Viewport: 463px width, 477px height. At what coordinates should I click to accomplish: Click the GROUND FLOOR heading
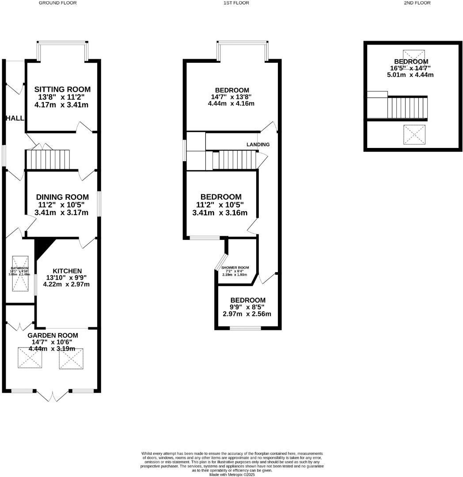pyautogui.click(x=57, y=3)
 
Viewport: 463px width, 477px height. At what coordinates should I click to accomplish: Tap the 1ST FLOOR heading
pyautogui.click(x=236, y=3)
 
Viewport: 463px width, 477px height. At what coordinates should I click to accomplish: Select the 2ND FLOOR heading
pyautogui.click(x=417, y=3)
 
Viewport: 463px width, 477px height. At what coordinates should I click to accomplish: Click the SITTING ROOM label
pyautogui.click(x=62, y=90)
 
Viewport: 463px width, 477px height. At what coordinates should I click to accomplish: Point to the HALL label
pyautogui.click(x=15, y=118)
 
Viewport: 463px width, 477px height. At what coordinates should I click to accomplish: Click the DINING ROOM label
pyautogui.click(x=62, y=197)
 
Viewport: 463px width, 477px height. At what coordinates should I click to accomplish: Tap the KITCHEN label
pyautogui.click(x=67, y=271)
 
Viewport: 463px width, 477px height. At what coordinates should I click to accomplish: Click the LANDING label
pyautogui.click(x=258, y=144)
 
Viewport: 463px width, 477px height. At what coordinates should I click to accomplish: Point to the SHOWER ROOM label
pyautogui.click(x=235, y=268)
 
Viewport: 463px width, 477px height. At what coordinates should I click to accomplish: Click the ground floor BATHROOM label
pyautogui.click(x=20, y=268)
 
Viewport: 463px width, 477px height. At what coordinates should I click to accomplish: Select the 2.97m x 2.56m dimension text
pyautogui.click(x=247, y=314)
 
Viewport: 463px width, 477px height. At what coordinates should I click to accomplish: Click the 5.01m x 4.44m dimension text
pyautogui.click(x=410, y=75)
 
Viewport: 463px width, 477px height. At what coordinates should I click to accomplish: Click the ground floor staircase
pyautogui.click(x=48, y=159)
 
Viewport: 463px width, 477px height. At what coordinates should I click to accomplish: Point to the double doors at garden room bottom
pyautogui.click(x=52, y=396)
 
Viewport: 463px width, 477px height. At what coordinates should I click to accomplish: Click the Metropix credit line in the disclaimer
pyautogui.click(x=232, y=474)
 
